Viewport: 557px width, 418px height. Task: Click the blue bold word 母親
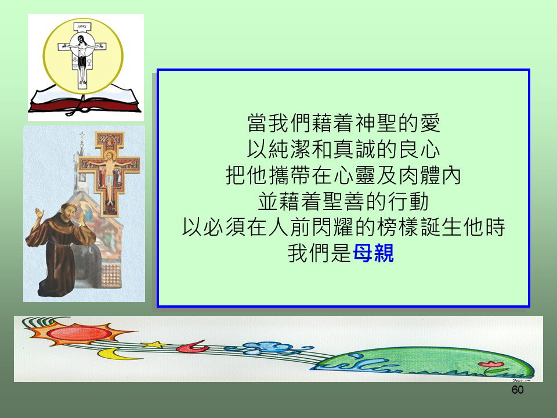pyautogui.click(x=373, y=253)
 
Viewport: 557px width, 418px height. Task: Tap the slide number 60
pyautogui.click(x=518, y=390)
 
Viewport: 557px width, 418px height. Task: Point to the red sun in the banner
pyautogui.click(x=79, y=333)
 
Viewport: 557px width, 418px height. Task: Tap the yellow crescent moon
pyautogui.click(x=114, y=354)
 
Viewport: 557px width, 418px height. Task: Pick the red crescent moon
pyautogui.click(x=192, y=346)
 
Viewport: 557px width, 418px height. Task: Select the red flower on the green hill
pyautogui.click(x=491, y=365)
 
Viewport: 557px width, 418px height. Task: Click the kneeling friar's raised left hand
pyautogui.click(x=39, y=214)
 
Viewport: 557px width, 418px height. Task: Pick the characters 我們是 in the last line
pyautogui.click(x=320, y=253)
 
